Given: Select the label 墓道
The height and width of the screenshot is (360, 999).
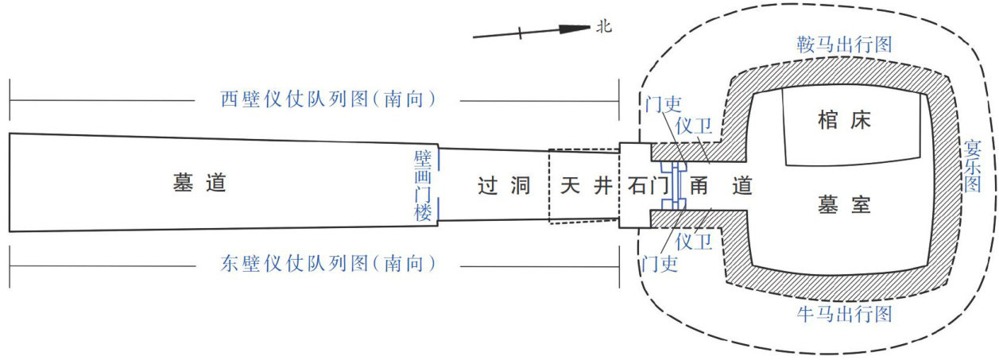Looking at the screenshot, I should (199, 184).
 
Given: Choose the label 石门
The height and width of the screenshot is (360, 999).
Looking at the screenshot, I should (646, 187).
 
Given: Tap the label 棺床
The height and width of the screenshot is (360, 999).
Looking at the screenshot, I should (844, 121).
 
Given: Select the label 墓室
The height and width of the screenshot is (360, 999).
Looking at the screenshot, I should (844, 206).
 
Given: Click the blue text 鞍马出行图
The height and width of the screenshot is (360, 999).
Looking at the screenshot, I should (844, 45).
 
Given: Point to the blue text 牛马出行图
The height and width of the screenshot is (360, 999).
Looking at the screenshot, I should (844, 315).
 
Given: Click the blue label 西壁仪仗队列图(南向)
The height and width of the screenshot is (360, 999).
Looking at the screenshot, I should (328, 100).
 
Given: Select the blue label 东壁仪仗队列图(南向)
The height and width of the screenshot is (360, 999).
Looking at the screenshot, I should (328, 263).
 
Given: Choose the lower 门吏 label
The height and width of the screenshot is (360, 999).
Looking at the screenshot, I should (659, 263).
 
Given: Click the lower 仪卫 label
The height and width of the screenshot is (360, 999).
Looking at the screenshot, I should (693, 240).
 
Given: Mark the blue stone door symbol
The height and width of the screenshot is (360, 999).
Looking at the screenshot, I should (677, 187).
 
